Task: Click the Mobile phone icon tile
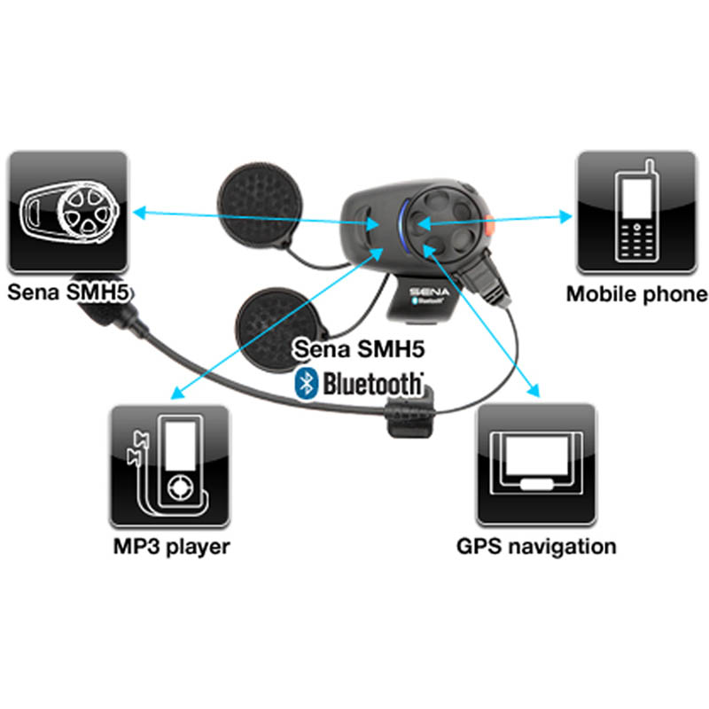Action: click(636, 212)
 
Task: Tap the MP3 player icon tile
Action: click(169, 465)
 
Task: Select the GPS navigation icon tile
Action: click(536, 464)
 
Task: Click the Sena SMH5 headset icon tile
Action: click(68, 212)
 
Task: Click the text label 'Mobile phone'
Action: click(637, 294)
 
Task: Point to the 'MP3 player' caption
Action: click(171, 547)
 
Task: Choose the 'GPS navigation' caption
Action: click(536, 546)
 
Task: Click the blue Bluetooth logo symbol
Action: click(306, 384)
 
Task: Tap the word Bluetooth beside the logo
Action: click(372, 385)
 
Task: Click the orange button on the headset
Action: click(488, 225)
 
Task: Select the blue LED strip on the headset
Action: click(403, 225)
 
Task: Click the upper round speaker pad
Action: click(259, 204)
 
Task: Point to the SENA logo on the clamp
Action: click(429, 292)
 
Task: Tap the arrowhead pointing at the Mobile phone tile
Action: click(565, 216)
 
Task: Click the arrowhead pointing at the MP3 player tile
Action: click(178, 393)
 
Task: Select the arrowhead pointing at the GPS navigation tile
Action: click(534, 390)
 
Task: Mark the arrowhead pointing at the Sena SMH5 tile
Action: click(139, 212)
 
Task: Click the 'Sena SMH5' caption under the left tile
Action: click(69, 292)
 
